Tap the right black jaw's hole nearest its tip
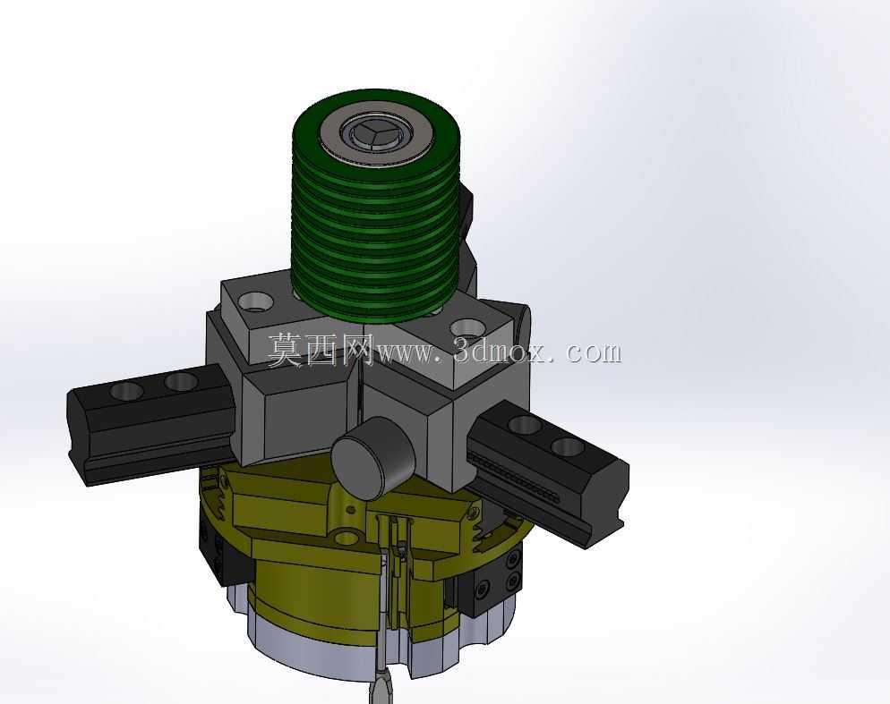569,446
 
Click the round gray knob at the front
373,457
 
